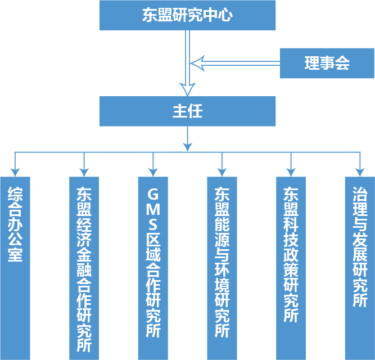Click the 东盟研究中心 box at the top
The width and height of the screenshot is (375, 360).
pos(187,15)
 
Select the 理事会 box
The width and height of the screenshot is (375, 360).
pos(327,63)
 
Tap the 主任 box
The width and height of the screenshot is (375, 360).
pos(187,111)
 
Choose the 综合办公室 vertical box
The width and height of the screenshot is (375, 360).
pos(15,268)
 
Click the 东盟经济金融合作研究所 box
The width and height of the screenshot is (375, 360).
pos(84,268)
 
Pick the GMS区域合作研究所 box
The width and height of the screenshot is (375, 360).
pos(153,268)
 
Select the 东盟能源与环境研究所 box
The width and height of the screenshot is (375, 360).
pos(222,268)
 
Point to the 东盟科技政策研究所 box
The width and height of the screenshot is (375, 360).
pos(291,268)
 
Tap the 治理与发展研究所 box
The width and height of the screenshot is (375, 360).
pos(359,268)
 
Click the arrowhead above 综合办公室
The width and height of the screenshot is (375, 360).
pos(15,170)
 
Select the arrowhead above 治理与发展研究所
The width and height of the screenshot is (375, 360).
pos(359,170)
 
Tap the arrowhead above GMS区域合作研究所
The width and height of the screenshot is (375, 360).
pos(153,170)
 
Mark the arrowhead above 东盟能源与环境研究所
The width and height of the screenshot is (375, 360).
pos(222,170)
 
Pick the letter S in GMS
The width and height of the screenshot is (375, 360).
pos(153,224)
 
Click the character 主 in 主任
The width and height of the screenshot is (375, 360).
pos(179,111)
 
